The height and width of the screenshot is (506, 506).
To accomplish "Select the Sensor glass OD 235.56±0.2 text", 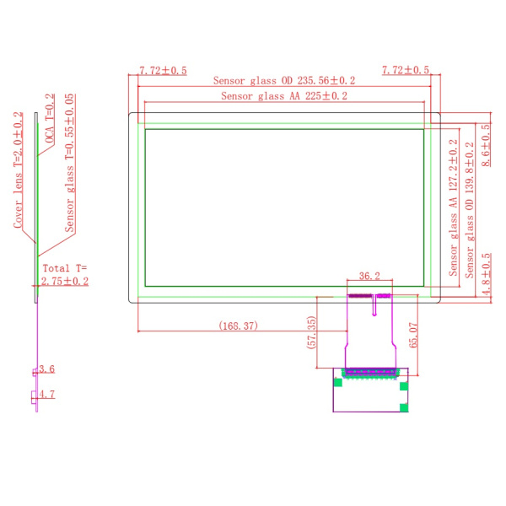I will (284, 81).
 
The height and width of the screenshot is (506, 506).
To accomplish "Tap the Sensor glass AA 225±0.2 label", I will (284, 96).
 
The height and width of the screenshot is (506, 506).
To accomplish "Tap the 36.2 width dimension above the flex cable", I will (369, 276).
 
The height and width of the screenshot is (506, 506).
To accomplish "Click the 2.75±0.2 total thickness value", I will (65, 282).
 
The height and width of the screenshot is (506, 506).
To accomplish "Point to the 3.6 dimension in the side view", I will (47, 369).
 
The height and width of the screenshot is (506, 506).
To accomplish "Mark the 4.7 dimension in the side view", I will (47, 394).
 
